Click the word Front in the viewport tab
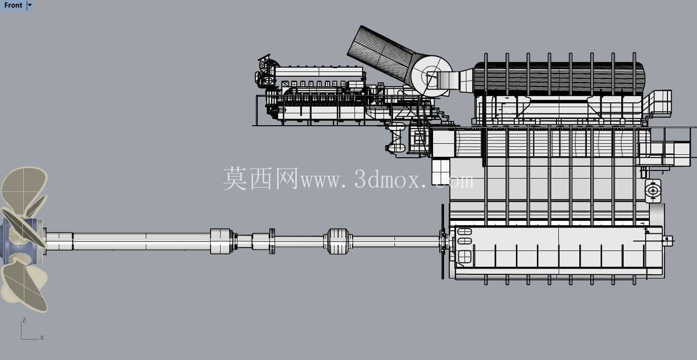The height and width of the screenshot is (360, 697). [x=13, y=5]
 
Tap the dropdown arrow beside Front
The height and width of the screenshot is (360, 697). [x=30, y=5]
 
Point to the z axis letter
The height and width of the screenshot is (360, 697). [x=24, y=320]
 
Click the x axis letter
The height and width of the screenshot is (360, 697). [x=42, y=337]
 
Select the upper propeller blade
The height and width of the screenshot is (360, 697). [x=25, y=190]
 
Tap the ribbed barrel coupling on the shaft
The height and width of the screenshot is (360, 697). [x=338, y=241]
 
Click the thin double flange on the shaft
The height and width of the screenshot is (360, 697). [x=272, y=241]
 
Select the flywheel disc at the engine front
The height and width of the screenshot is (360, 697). [x=443, y=241]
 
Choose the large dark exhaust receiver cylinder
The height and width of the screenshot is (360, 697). [x=559, y=78]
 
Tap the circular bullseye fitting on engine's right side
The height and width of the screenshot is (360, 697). [x=653, y=190]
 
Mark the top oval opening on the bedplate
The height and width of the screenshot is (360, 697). [x=465, y=231]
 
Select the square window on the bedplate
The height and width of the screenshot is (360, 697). [x=465, y=257]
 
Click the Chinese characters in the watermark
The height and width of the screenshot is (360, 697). [x=261, y=178]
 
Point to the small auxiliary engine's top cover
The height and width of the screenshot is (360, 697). [x=319, y=72]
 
